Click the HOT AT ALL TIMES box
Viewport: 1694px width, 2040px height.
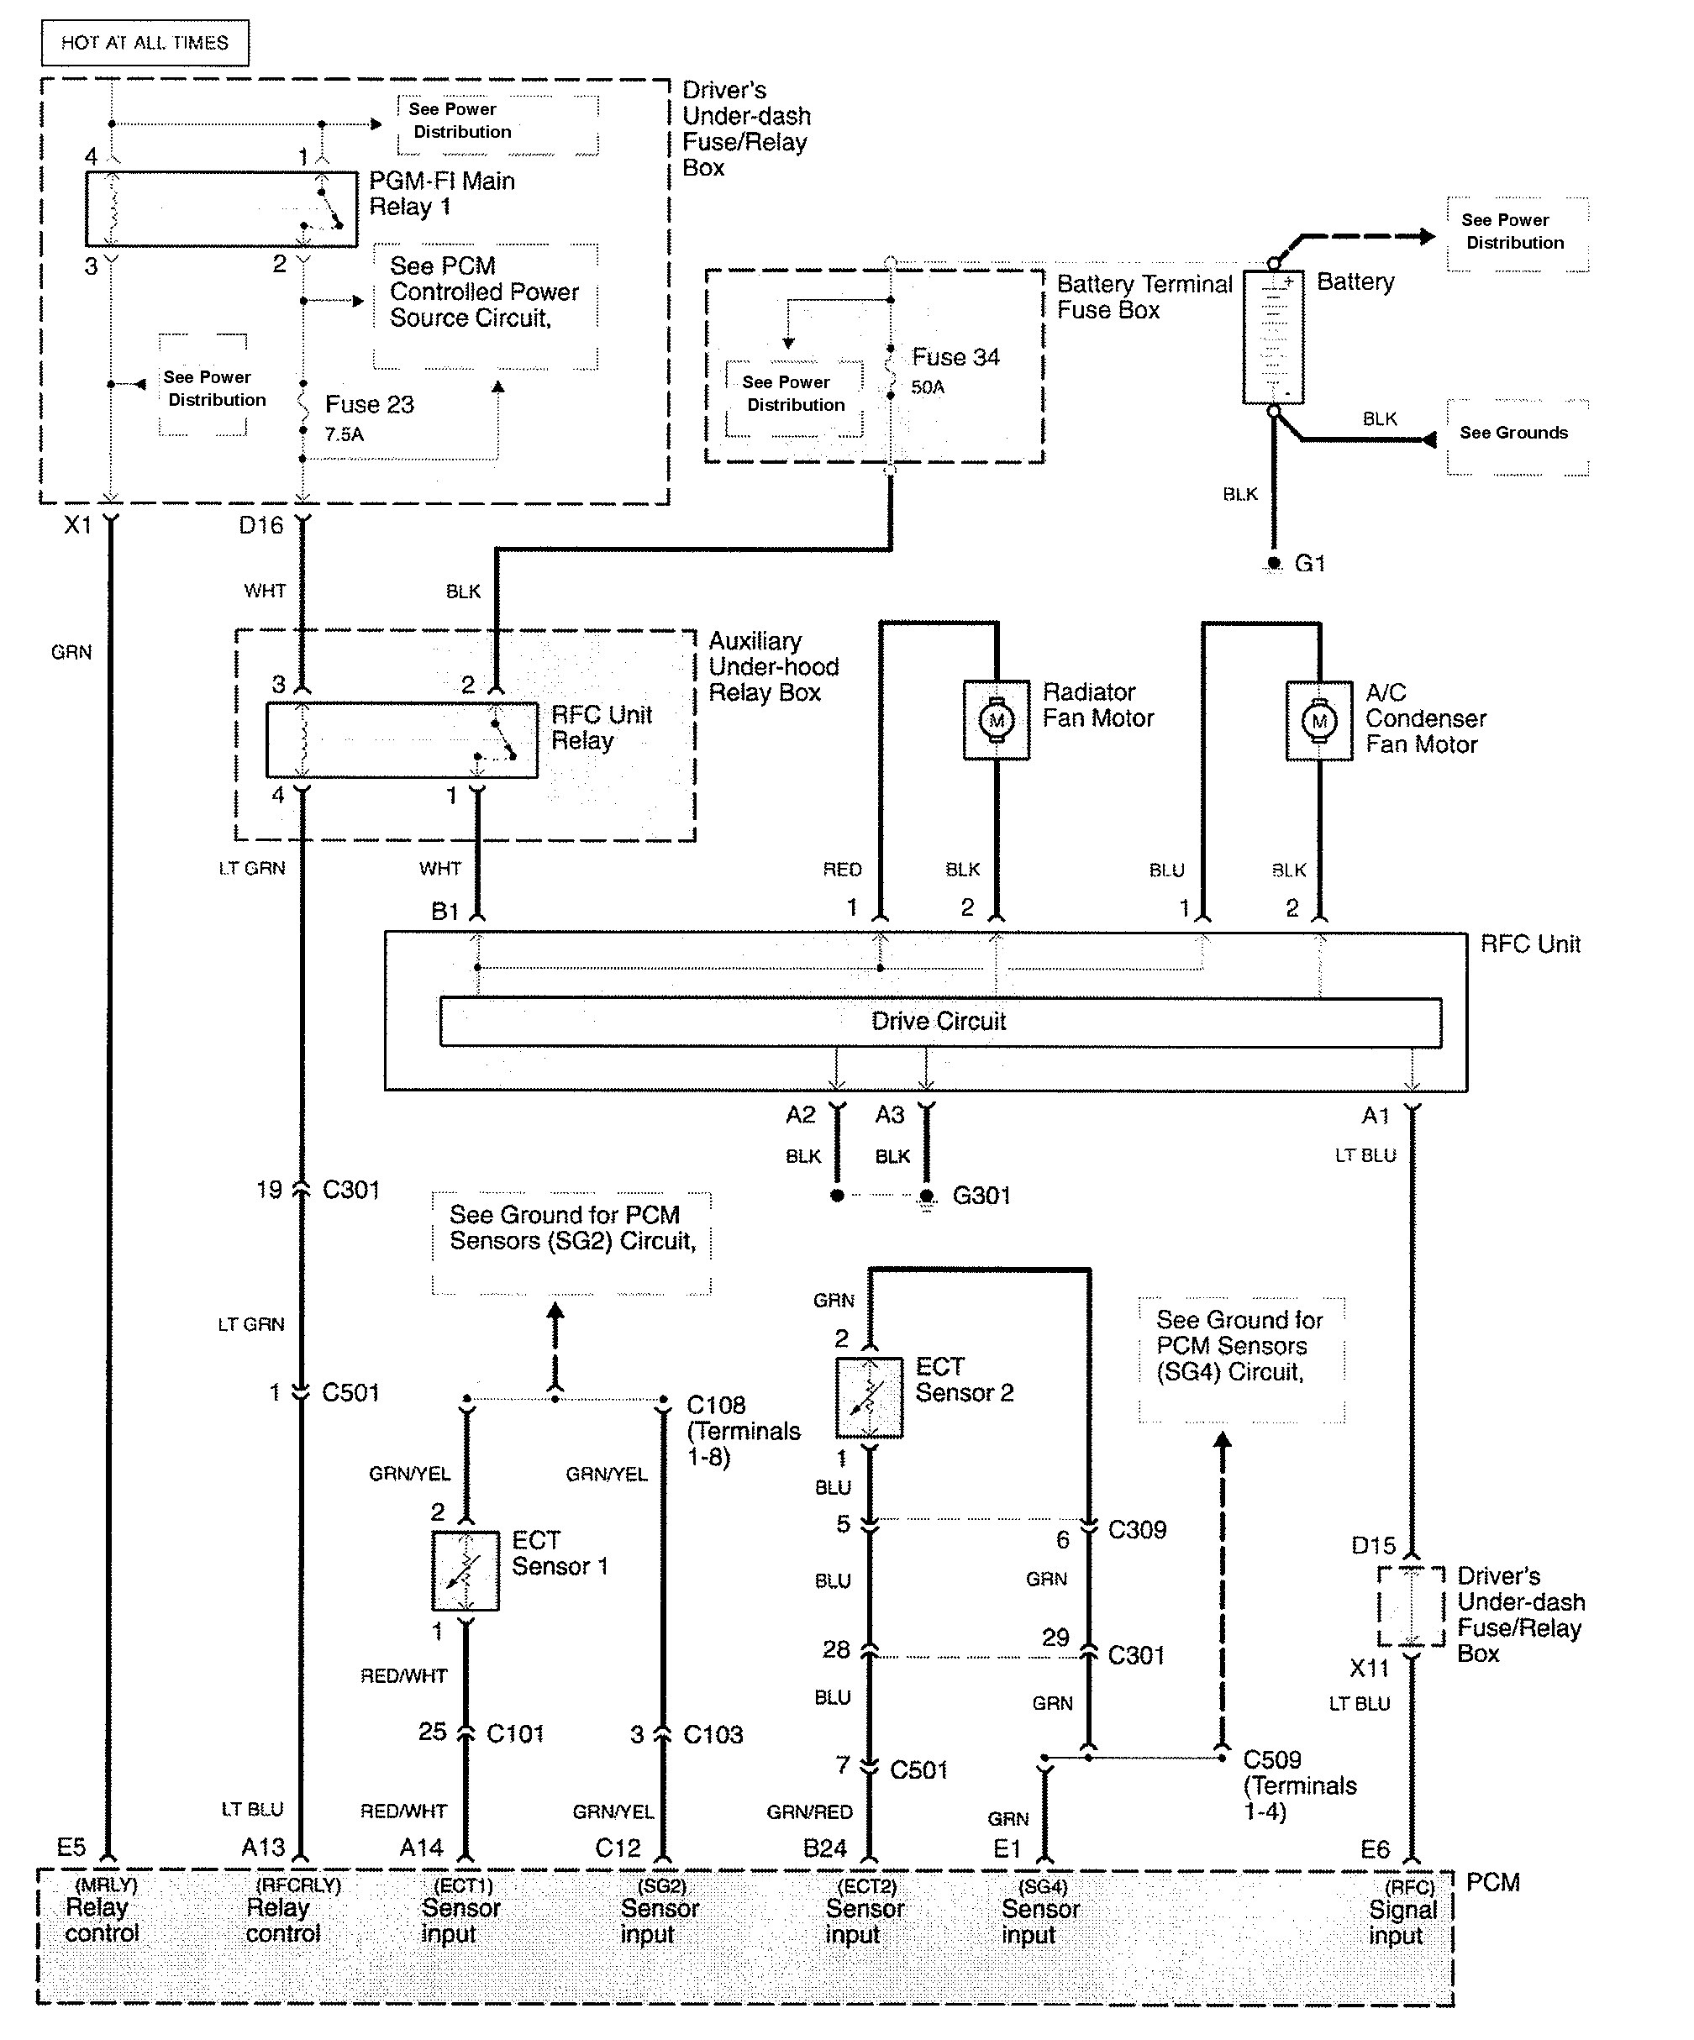click(145, 43)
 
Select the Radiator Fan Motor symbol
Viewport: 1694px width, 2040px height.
click(996, 720)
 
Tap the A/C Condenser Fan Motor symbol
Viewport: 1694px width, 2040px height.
click(1318, 721)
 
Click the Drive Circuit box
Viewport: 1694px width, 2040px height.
click(939, 1022)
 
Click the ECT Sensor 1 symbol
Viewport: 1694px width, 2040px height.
click(466, 1571)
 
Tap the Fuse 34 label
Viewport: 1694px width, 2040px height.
click(955, 357)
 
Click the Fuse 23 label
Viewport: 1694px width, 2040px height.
click(369, 405)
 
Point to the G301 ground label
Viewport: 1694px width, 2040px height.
click(981, 1196)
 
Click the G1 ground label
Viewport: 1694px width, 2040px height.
click(1309, 564)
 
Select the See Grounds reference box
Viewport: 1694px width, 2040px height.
click(1513, 434)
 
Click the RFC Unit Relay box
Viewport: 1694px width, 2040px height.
click(401, 740)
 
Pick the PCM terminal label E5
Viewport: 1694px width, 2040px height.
click(71, 1847)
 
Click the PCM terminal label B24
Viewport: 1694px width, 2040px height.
click(824, 1848)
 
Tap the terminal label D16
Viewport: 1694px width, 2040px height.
click(260, 525)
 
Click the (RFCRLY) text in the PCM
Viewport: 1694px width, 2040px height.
click(298, 1885)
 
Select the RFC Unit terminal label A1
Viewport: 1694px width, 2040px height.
click(1376, 1116)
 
